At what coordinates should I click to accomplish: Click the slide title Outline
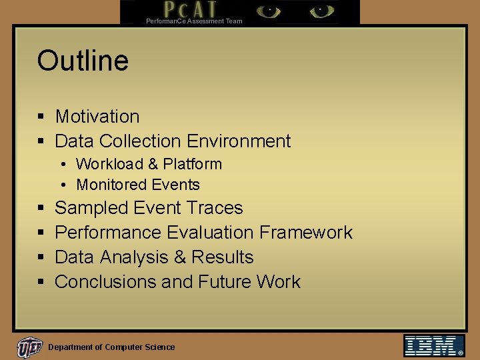[83, 61]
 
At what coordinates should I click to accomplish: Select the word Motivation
[97, 117]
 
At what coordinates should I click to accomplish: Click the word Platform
[193, 164]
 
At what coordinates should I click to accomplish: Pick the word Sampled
[91, 208]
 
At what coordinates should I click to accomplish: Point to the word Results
[223, 257]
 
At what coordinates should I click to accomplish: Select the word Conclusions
[105, 282]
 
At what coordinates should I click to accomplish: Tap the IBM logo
[434, 345]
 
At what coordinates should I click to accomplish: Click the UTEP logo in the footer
[30, 347]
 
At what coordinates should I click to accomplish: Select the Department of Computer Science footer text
[111, 347]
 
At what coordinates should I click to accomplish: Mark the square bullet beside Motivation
[41, 117]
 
